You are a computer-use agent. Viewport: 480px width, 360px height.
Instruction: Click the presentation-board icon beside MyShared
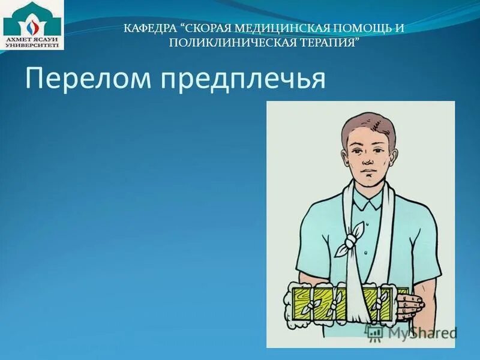pos(376,332)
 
